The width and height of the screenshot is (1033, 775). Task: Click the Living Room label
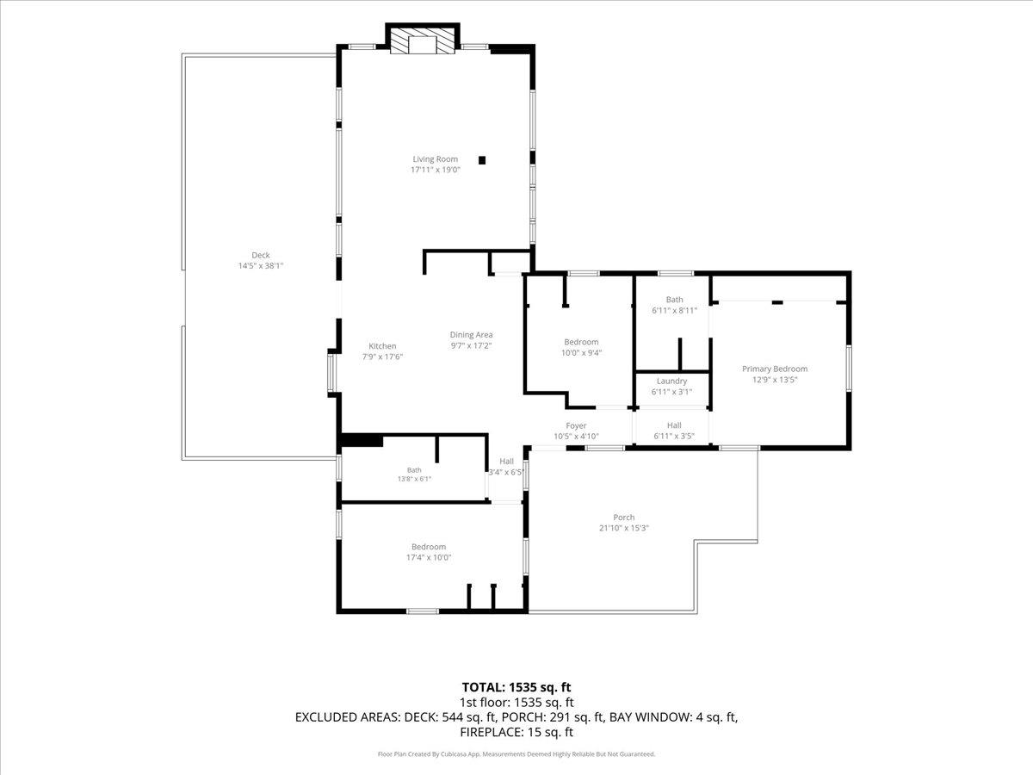coord(435,159)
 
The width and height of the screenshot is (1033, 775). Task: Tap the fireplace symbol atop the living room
coord(422,40)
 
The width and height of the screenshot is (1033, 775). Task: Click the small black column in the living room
coord(482,160)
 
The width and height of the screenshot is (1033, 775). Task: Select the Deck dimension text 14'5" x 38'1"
coord(260,266)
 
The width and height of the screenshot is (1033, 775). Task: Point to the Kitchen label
coord(382,346)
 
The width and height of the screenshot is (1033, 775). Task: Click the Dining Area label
coord(471,335)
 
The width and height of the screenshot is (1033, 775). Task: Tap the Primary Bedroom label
coord(775,369)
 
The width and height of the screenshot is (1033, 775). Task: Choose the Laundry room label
coord(671,381)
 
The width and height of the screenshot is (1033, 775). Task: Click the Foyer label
coord(576,426)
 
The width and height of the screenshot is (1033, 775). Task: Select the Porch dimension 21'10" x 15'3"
coord(624,528)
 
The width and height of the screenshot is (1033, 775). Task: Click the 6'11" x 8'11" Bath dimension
coord(674,311)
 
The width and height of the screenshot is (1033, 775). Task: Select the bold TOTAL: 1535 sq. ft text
coord(516,687)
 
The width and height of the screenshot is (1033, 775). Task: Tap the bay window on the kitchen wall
coord(331,373)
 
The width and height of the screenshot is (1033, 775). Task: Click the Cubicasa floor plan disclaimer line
coord(516,754)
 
